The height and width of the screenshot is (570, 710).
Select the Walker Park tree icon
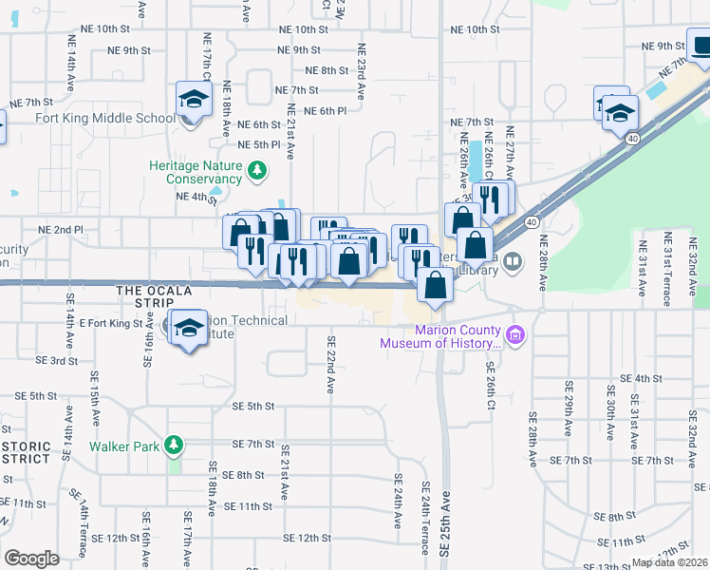[x=173, y=445]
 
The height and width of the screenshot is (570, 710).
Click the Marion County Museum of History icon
[x=514, y=334]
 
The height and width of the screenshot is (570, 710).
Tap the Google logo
[x=31, y=559]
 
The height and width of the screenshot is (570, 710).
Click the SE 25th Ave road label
[x=445, y=528]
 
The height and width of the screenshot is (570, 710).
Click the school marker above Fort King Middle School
[x=194, y=99]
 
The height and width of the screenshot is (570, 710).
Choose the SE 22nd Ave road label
[x=331, y=365]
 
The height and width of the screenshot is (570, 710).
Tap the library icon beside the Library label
[x=513, y=260]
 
